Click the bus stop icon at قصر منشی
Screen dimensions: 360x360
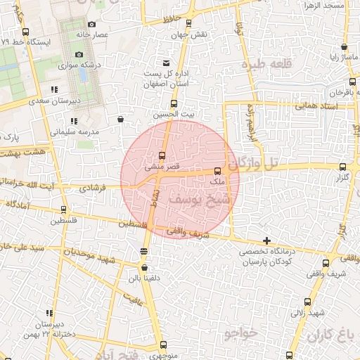pyautogui.click(x=162, y=155)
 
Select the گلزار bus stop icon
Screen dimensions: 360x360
pyautogui.click(x=343, y=167)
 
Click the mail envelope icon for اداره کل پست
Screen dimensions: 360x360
pyautogui.click(x=166, y=63)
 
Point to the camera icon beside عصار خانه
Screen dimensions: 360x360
pyautogui.click(x=91, y=24)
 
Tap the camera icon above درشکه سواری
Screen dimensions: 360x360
pyautogui.click(x=79, y=55)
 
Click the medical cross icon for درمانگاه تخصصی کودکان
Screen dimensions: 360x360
pyautogui.click(x=266, y=241)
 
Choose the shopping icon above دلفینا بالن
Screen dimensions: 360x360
pyautogui.click(x=144, y=267)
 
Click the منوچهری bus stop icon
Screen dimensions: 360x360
pyautogui.click(x=163, y=345)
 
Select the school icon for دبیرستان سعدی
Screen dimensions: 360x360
pyautogui.click(x=54, y=89)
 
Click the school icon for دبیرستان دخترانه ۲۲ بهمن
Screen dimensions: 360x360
pyautogui.click(x=49, y=314)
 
